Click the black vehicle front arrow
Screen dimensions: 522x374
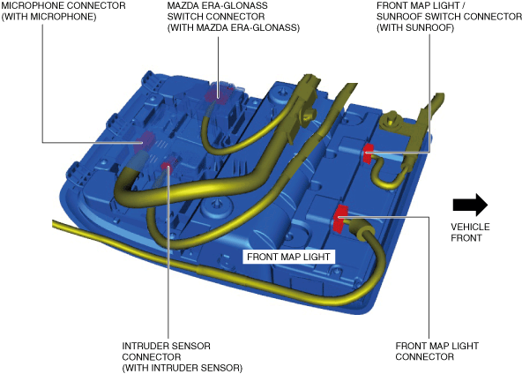470,205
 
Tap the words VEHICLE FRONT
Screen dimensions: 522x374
470,233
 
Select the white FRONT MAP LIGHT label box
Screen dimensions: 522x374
288,257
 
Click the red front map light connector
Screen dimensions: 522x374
340,219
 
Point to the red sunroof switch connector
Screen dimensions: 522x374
368,153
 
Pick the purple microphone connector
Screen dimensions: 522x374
144,142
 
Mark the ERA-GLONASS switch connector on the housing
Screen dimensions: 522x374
218,93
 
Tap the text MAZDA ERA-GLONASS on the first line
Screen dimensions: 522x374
217,5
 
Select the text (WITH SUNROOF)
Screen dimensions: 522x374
415,27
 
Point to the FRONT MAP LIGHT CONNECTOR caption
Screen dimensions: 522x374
436,351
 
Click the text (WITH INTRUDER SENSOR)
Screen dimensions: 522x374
183,368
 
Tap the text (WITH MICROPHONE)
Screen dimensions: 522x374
49,17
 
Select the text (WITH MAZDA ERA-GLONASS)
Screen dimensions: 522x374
234,27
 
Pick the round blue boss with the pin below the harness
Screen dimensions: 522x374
217,205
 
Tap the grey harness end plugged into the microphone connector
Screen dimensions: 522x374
137,159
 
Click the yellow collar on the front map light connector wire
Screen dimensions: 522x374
364,232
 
